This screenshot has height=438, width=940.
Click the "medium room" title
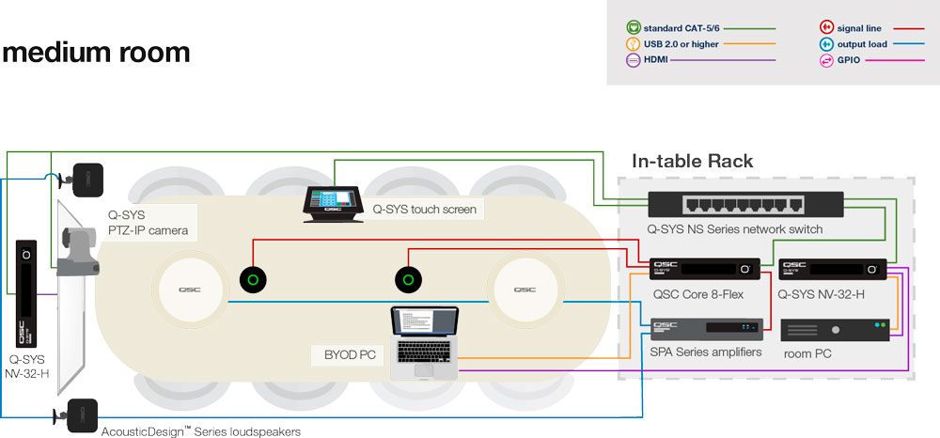point(96,52)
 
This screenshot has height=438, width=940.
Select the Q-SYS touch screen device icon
point(332,204)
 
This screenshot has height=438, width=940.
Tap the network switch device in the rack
point(745,206)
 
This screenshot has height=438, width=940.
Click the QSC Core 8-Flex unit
point(705,270)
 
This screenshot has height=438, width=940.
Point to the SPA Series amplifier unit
point(705,329)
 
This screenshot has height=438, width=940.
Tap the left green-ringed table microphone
point(253,279)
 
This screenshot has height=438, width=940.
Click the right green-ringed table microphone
point(406,279)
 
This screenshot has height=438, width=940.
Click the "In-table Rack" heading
point(692,161)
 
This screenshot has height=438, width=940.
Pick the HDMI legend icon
point(633,59)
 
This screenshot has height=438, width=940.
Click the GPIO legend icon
point(827,59)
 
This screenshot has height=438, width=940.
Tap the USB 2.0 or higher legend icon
point(633,43)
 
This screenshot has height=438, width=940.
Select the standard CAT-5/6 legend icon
point(633,27)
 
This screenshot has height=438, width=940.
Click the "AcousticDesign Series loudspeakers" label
point(200,431)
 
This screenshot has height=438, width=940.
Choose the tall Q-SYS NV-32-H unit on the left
point(25,292)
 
